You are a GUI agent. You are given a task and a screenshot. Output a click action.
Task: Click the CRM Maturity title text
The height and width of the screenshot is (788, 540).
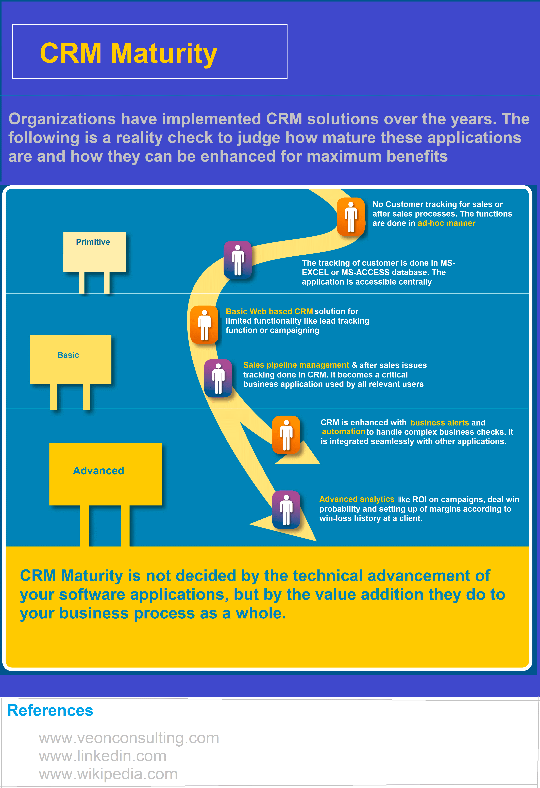click(128, 53)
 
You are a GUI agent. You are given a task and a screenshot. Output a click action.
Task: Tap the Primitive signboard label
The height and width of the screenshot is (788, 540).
click(93, 242)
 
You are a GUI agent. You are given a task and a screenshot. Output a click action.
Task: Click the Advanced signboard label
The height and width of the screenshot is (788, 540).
click(99, 471)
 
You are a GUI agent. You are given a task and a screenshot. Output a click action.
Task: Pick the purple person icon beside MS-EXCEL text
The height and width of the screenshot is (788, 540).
click(238, 260)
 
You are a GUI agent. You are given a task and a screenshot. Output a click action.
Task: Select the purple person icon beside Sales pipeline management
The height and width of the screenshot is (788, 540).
click(218, 378)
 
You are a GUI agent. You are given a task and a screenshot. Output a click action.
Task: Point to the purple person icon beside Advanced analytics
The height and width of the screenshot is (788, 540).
click(286, 510)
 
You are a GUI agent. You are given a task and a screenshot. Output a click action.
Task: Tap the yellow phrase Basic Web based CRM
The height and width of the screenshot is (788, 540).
click(269, 312)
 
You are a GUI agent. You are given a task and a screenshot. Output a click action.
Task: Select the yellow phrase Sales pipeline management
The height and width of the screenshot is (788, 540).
click(296, 365)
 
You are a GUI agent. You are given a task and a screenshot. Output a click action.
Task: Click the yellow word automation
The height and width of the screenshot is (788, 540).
click(343, 432)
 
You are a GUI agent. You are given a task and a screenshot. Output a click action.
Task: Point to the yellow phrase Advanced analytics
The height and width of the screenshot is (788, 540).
click(357, 499)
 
